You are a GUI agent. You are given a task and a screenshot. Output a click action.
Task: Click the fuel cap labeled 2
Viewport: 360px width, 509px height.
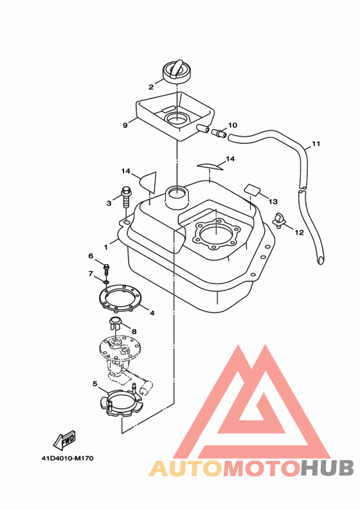(177, 72)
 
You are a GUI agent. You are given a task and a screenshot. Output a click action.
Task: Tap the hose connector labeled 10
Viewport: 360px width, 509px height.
(219, 133)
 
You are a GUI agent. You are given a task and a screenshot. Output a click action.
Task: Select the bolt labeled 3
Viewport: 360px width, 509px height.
(126, 197)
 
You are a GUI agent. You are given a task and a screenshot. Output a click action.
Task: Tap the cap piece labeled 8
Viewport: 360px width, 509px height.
(116, 323)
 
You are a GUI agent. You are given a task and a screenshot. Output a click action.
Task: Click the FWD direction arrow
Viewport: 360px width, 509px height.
(64, 440)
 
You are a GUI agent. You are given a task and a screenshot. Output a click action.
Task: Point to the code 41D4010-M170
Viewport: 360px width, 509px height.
(67, 458)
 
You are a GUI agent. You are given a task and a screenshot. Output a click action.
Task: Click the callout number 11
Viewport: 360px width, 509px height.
(316, 143)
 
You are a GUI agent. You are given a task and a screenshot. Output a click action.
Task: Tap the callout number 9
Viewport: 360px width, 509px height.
(125, 125)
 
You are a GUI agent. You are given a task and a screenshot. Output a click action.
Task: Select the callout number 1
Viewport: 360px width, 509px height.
(105, 247)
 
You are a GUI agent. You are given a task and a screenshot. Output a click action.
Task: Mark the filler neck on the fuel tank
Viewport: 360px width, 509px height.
(177, 197)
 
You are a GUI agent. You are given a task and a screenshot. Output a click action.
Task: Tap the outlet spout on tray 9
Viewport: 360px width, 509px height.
(203, 129)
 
